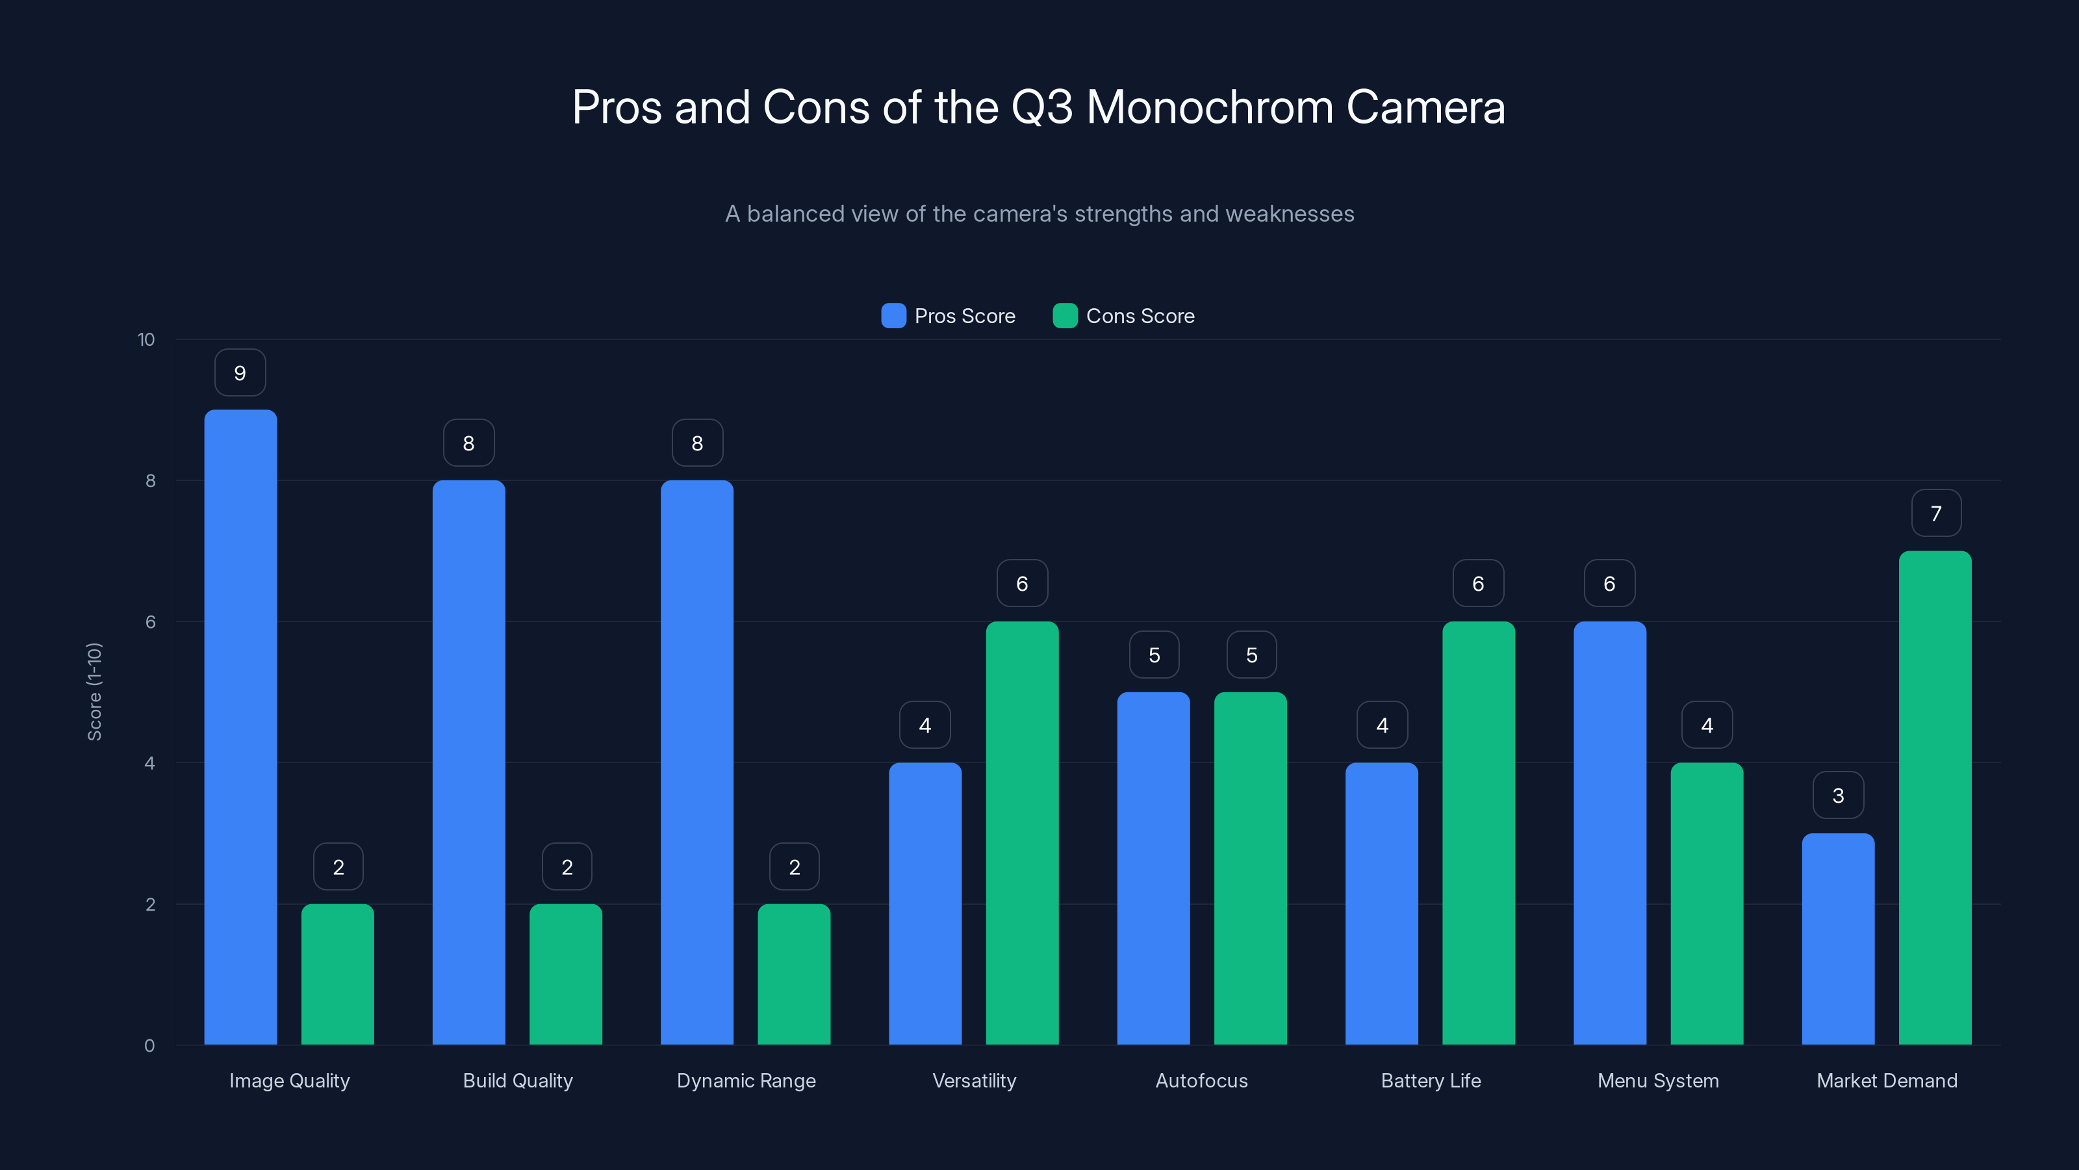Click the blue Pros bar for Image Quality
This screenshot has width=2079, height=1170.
pyautogui.click(x=240, y=727)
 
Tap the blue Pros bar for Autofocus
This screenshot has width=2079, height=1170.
pyautogui.click(x=1153, y=868)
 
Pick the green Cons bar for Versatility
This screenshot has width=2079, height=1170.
pyautogui.click(x=1022, y=833)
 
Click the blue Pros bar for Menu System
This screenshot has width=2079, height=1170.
pyautogui.click(x=1609, y=833)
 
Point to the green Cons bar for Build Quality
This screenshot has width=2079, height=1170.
pyautogui.click(x=566, y=974)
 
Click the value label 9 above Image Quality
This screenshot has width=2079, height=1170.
pyautogui.click(x=240, y=373)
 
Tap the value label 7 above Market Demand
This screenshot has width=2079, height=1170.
pyautogui.click(x=1935, y=513)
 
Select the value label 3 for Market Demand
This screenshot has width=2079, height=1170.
pyautogui.click(x=1838, y=796)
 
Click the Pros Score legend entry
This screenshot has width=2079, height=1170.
pyautogui.click(x=949, y=316)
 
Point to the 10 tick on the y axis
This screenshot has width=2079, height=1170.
pyautogui.click(x=146, y=340)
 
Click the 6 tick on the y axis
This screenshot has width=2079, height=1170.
pyautogui.click(x=150, y=622)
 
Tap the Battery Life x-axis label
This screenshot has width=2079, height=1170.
pyautogui.click(x=1430, y=1080)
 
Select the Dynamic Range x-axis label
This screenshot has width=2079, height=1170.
pyautogui.click(x=746, y=1080)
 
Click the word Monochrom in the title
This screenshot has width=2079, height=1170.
pyautogui.click(x=1210, y=107)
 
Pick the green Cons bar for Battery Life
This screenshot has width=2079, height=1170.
pyautogui.click(x=1478, y=833)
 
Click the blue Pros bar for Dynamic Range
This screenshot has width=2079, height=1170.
pyautogui.click(x=696, y=762)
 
